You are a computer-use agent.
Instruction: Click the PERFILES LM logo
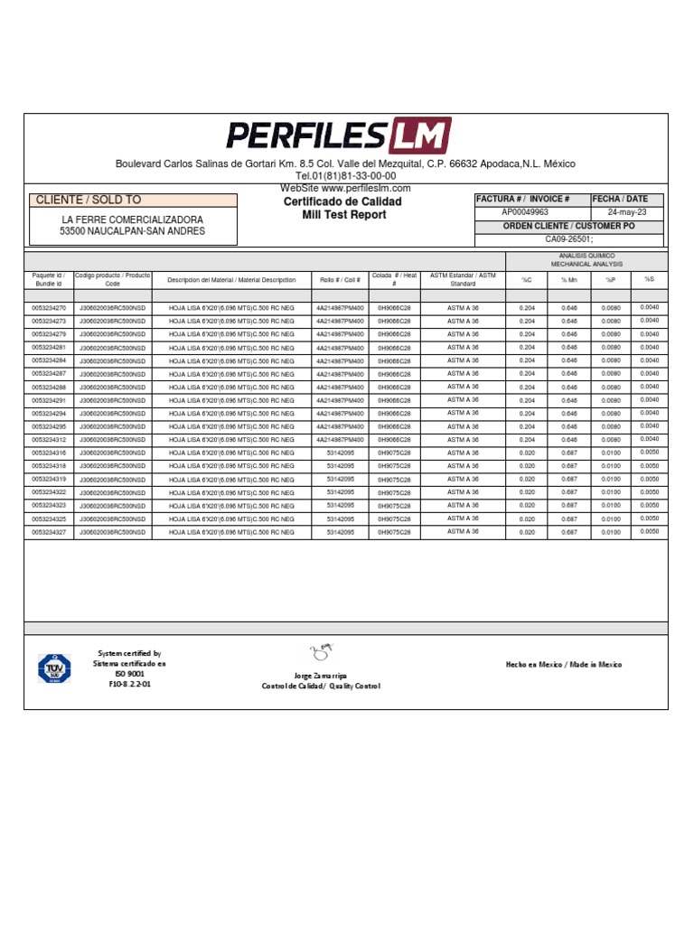pos(338,136)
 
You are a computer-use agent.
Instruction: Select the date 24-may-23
pos(626,212)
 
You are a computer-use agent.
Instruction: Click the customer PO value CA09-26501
pos(568,239)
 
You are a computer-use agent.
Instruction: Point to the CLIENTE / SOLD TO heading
pos(88,200)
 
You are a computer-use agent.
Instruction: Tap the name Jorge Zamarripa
pos(320,676)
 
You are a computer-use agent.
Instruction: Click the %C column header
pos(527,280)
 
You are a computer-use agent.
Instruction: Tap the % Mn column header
pos(569,280)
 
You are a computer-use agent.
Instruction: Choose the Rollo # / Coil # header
pos(340,280)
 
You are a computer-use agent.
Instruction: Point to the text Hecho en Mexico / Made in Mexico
pos(564,665)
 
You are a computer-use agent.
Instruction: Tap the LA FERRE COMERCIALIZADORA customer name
pos(132,220)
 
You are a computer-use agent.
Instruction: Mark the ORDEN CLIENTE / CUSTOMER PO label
pos(568,226)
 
